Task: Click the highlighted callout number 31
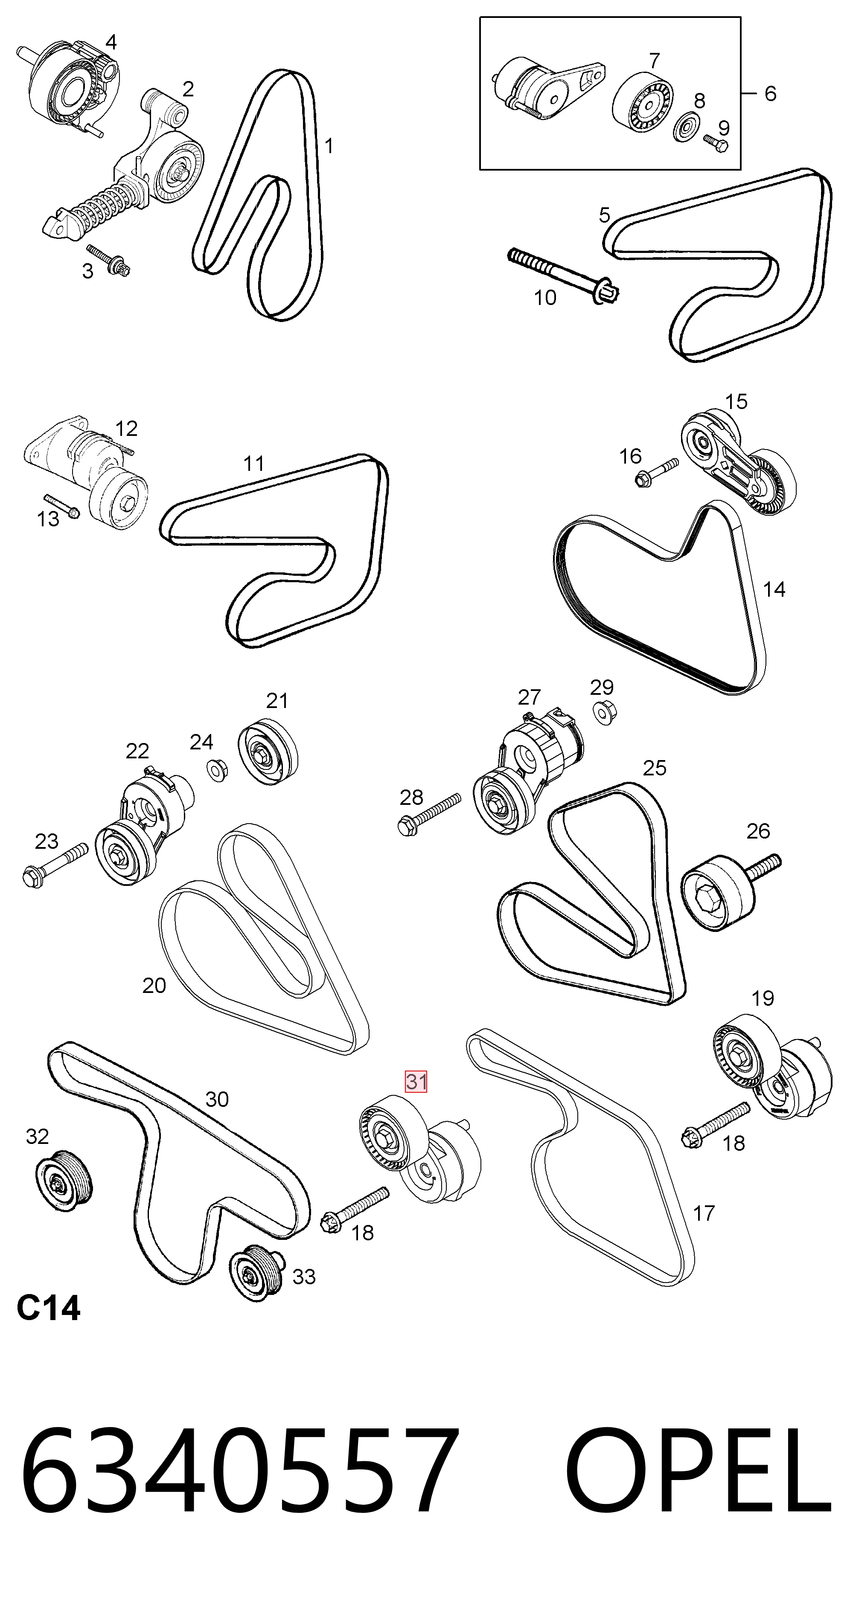pyautogui.click(x=416, y=1081)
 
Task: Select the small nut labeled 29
pyautogui.click(x=601, y=712)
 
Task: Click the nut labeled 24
pyautogui.click(x=216, y=769)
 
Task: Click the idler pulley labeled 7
pyautogui.click(x=643, y=102)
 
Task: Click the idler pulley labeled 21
pyautogui.click(x=268, y=752)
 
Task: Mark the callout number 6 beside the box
pyautogui.click(x=770, y=93)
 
